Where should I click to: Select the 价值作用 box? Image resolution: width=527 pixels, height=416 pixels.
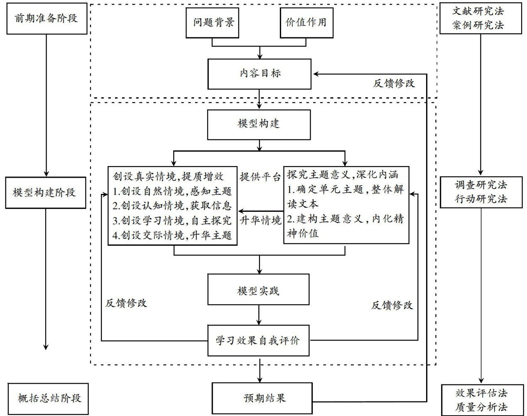pyautogui.click(x=306, y=22)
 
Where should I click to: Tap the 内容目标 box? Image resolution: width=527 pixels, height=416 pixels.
pyautogui.click(x=260, y=74)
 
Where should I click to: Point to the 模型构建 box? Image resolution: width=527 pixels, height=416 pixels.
pyautogui.click(x=259, y=124)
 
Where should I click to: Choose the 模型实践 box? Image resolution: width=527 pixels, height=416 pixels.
pyautogui.click(x=258, y=290)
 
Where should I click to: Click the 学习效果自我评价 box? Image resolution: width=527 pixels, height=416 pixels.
pyautogui.click(x=258, y=341)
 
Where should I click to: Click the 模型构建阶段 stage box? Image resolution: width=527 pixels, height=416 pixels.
pyautogui.click(x=45, y=193)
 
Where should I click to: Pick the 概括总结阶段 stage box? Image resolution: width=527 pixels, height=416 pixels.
pyautogui.click(x=49, y=399)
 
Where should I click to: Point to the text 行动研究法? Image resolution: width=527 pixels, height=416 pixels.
pyautogui.click(x=481, y=199)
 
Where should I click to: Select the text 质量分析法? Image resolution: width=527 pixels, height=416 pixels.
pyautogui.click(x=481, y=407)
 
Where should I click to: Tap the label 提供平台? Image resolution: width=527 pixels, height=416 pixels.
pyautogui.click(x=260, y=176)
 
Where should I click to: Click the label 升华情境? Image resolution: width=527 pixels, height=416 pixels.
pyautogui.click(x=260, y=220)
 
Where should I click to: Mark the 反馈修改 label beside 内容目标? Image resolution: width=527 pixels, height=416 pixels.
pyautogui.click(x=394, y=83)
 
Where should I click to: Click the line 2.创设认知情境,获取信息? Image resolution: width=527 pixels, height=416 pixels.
pyautogui.click(x=172, y=206)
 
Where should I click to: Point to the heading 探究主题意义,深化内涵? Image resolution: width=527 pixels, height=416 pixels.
pyautogui.click(x=342, y=175)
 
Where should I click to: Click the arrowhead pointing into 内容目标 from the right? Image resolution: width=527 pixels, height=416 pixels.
pyautogui.click(x=316, y=74)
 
